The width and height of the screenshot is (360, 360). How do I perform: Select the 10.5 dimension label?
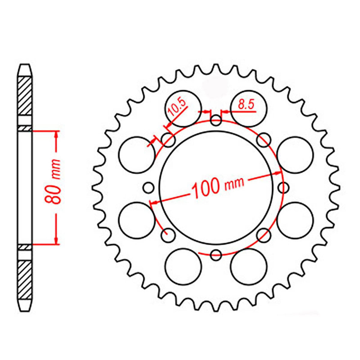tap(177, 109)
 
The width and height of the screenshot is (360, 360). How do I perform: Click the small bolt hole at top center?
tap(216, 121)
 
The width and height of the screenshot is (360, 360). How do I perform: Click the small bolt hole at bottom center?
tap(216, 255)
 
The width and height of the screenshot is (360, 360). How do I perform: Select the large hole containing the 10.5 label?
tap(183, 108)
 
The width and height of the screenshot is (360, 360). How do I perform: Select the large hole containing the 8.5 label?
tap(248, 108)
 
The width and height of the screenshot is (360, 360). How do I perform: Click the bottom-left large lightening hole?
tap(183, 267)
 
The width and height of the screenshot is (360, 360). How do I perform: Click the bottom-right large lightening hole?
tap(249, 267)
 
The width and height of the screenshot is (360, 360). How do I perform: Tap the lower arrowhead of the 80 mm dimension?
tap(56, 240)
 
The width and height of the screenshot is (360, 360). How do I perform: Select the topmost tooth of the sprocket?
tap(216, 67)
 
